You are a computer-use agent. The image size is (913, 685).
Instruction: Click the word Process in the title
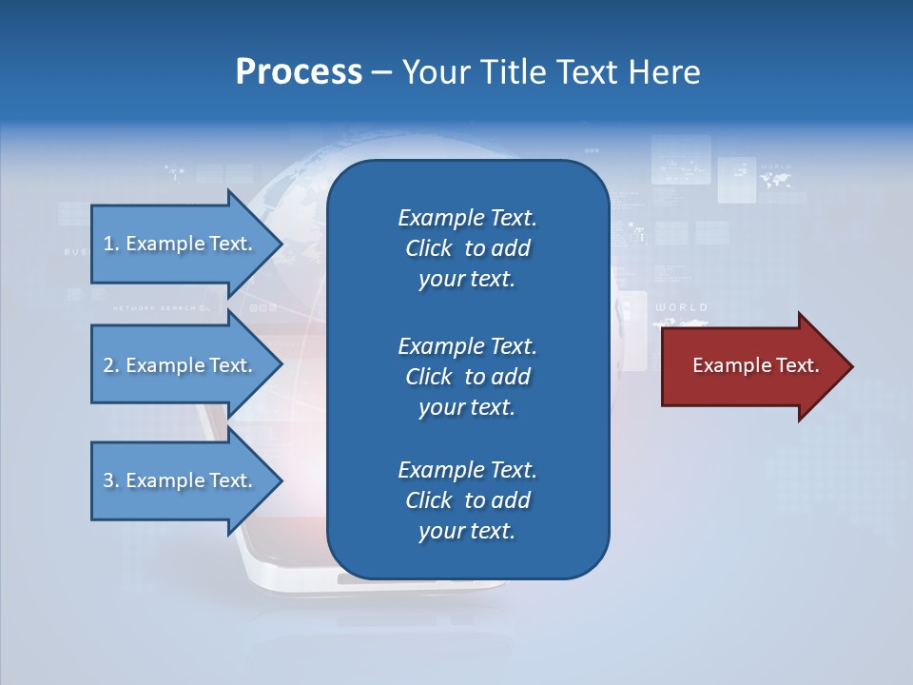299,72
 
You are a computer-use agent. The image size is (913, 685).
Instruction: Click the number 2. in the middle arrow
111,365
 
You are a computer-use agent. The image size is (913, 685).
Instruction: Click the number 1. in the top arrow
110,244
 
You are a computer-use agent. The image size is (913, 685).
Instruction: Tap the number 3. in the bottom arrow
111,480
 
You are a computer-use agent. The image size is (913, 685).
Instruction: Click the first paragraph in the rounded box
467,248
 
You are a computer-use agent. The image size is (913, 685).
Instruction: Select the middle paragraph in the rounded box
467,376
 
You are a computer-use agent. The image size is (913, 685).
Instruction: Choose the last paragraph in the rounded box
467,500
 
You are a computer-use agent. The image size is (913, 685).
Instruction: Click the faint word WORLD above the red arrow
682,307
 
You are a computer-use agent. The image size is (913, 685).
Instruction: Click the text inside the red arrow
755,365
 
